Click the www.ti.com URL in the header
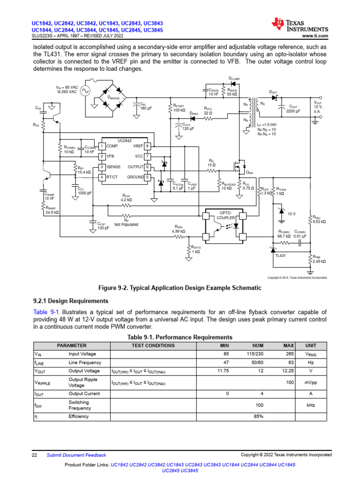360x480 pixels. tap(315, 36)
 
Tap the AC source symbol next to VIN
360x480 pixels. tap(85, 91)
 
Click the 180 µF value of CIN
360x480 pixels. tap(146, 108)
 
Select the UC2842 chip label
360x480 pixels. tap(125, 141)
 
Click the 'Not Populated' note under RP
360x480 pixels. tap(127, 225)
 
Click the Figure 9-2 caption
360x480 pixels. tap(180, 288)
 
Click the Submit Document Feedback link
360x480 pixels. tap(76, 455)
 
